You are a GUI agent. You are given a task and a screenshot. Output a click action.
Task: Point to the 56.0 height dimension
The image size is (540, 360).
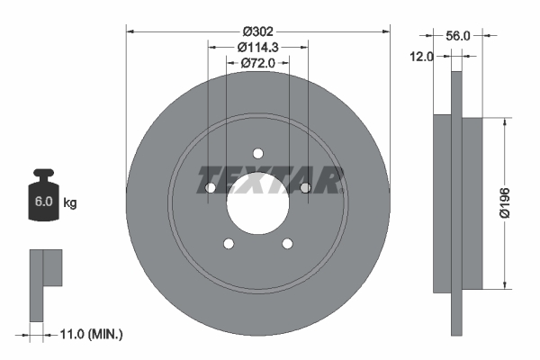(458, 36)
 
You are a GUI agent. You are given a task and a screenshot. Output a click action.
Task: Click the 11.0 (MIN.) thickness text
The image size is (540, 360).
(89, 334)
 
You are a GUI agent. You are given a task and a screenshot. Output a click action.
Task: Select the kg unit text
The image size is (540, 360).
(70, 203)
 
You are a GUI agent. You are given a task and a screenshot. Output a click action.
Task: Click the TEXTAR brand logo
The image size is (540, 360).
(269, 180)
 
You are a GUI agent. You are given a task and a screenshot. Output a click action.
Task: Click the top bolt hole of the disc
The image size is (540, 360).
(257, 153)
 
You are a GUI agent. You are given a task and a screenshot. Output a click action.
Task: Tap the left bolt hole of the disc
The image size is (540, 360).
(210, 187)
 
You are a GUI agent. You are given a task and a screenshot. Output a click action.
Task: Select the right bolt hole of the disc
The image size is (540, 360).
(305, 187)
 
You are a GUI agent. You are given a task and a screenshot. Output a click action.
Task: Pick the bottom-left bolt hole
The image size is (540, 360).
(228, 243)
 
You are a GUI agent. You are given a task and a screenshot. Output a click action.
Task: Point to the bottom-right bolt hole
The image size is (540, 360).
(287, 243)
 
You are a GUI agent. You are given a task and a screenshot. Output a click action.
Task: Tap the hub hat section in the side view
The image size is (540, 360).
(472, 202)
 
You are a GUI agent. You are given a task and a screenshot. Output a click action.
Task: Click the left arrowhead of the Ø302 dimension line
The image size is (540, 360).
(128, 31)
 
